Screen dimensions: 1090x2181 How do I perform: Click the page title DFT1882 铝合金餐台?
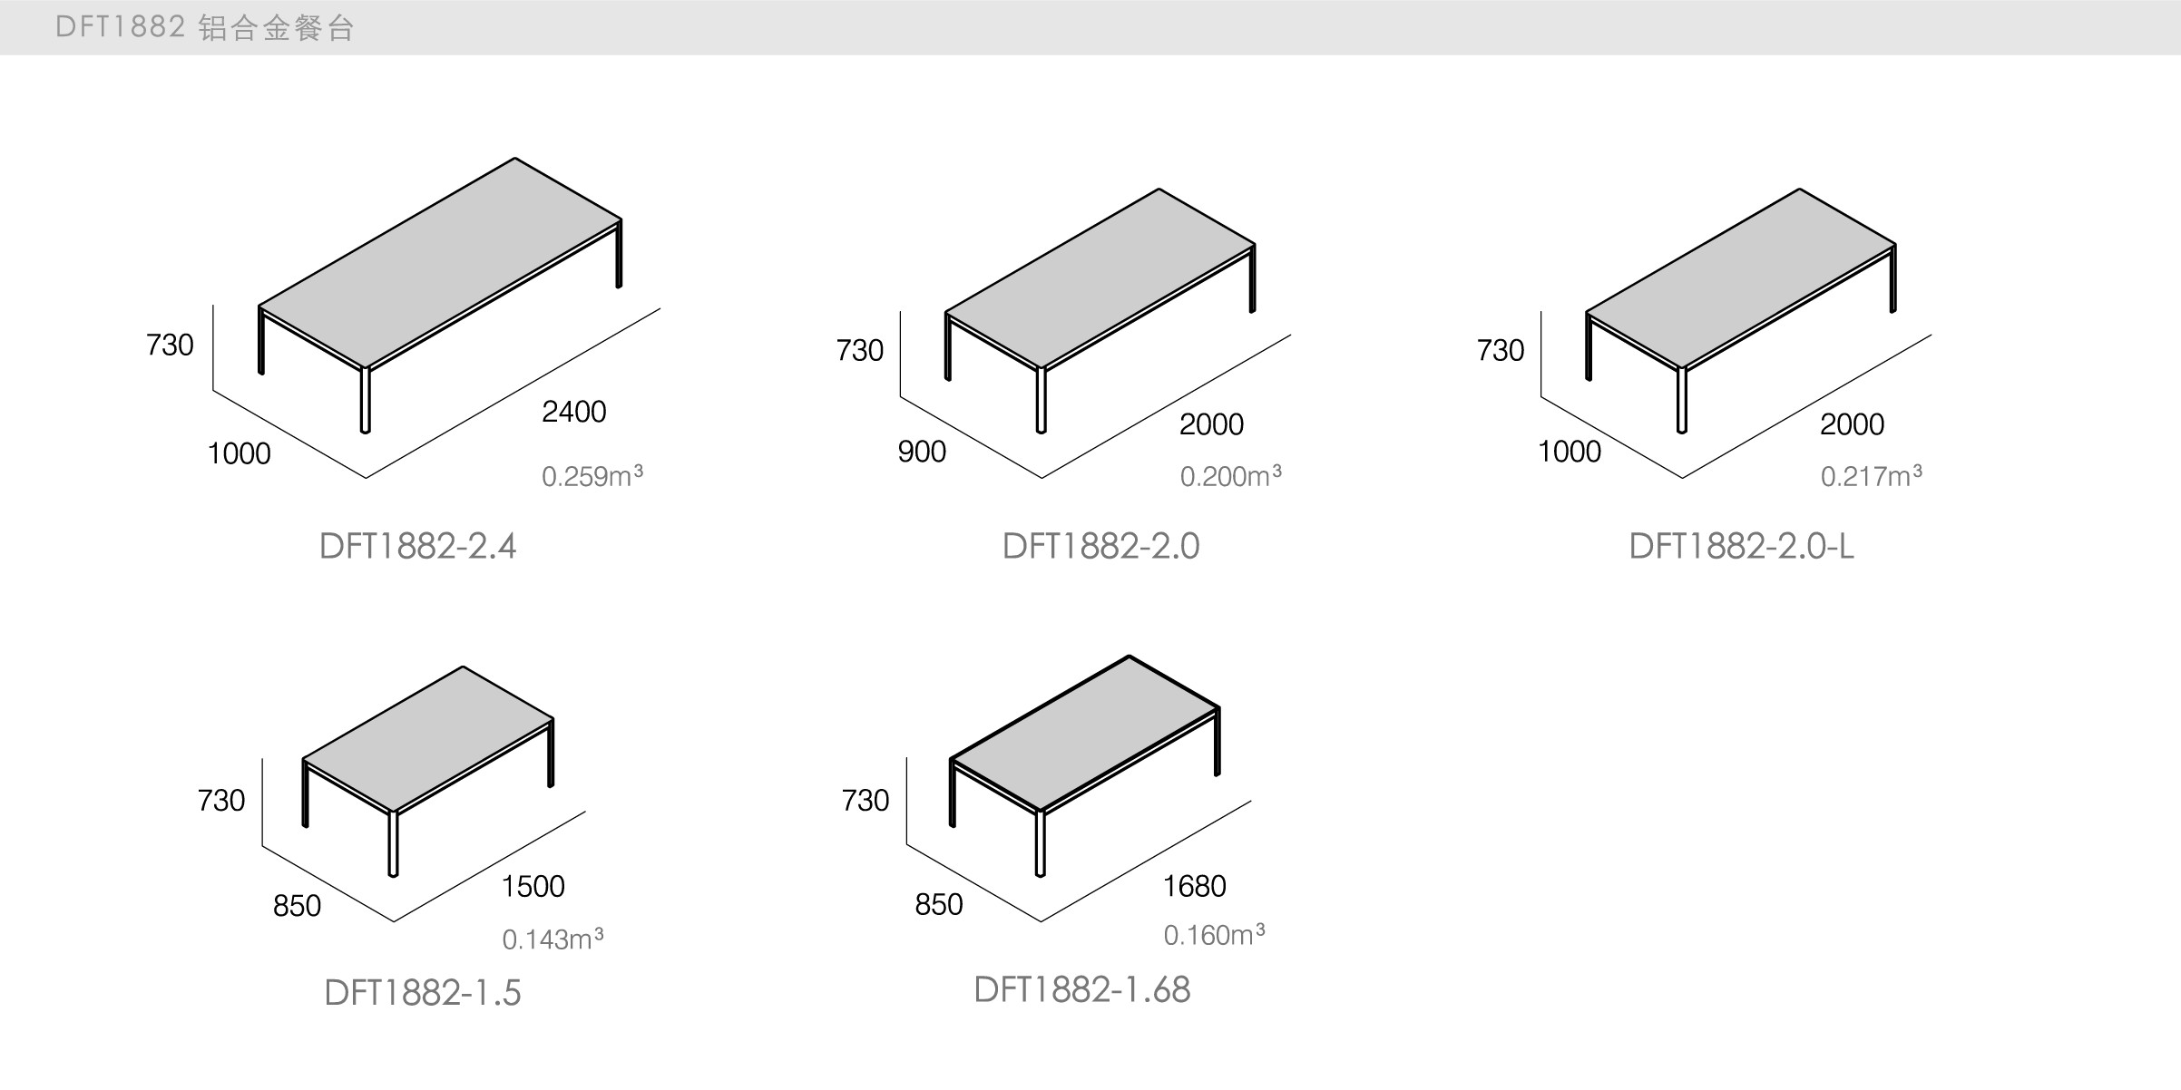204,28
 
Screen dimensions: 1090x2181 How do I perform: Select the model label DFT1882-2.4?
417,546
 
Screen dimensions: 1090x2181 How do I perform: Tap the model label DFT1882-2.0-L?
1741,546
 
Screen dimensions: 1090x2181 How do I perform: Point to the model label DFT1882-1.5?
422,993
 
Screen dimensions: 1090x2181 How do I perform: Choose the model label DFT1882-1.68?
1081,989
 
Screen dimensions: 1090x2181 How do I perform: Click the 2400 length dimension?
573,412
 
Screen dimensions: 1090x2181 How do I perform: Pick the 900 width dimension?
922,452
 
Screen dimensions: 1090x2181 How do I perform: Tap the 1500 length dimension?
533,886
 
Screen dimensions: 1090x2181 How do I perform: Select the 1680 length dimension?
1194,886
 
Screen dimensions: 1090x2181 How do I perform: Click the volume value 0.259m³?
592,476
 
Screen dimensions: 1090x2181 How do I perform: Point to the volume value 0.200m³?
1230,476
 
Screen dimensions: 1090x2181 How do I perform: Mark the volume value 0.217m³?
1871,476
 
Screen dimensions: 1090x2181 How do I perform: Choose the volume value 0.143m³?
553,939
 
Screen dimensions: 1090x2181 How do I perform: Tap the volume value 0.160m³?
1214,935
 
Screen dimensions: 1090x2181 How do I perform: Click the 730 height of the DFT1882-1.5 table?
221,800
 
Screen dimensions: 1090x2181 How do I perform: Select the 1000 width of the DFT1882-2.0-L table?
1569,452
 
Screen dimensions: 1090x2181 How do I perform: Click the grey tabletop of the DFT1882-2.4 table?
440,263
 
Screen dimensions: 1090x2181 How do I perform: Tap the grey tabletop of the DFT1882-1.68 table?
1084,733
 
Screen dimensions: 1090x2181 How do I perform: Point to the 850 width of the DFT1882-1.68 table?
938,904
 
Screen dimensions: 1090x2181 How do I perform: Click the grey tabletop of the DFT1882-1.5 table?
428,739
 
